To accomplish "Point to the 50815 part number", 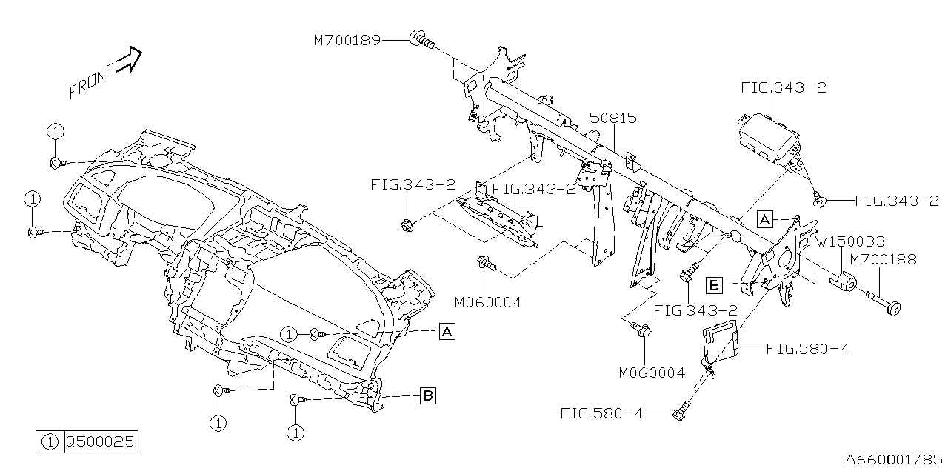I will (x=613, y=118).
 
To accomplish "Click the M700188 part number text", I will (x=883, y=259).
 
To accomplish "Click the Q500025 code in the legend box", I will (x=100, y=442).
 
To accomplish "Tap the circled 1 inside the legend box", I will (x=50, y=442).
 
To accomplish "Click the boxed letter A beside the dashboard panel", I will (x=447, y=331).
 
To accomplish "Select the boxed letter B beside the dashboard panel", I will (x=428, y=396).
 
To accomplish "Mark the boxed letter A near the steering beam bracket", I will (x=766, y=218).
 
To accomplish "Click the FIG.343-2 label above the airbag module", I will (x=784, y=87).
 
